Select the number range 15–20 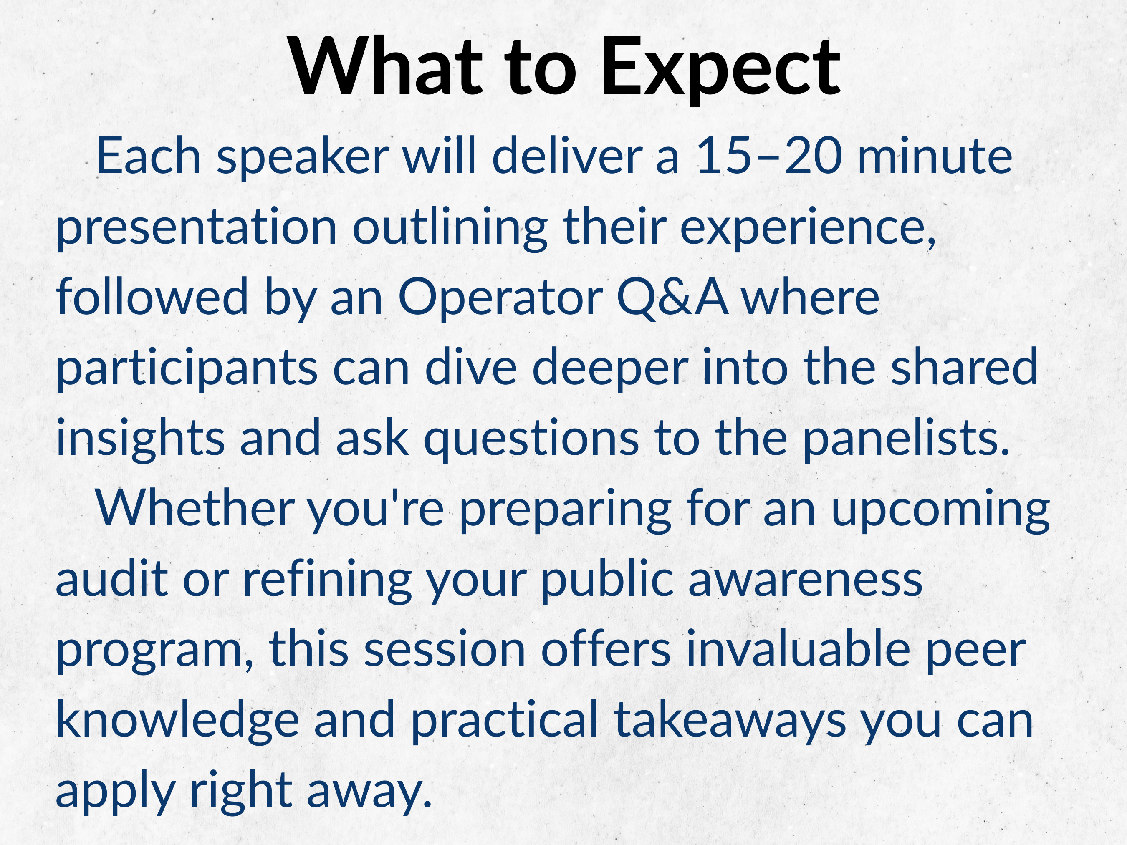pyautogui.click(x=769, y=156)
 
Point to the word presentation pyautogui.click(x=197, y=229)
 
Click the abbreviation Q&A pyautogui.click(x=672, y=298)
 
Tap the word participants pyautogui.click(x=187, y=369)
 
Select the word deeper pyautogui.click(x=610, y=369)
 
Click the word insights pyautogui.click(x=141, y=439)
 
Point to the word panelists pyautogui.click(x=906, y=439)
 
